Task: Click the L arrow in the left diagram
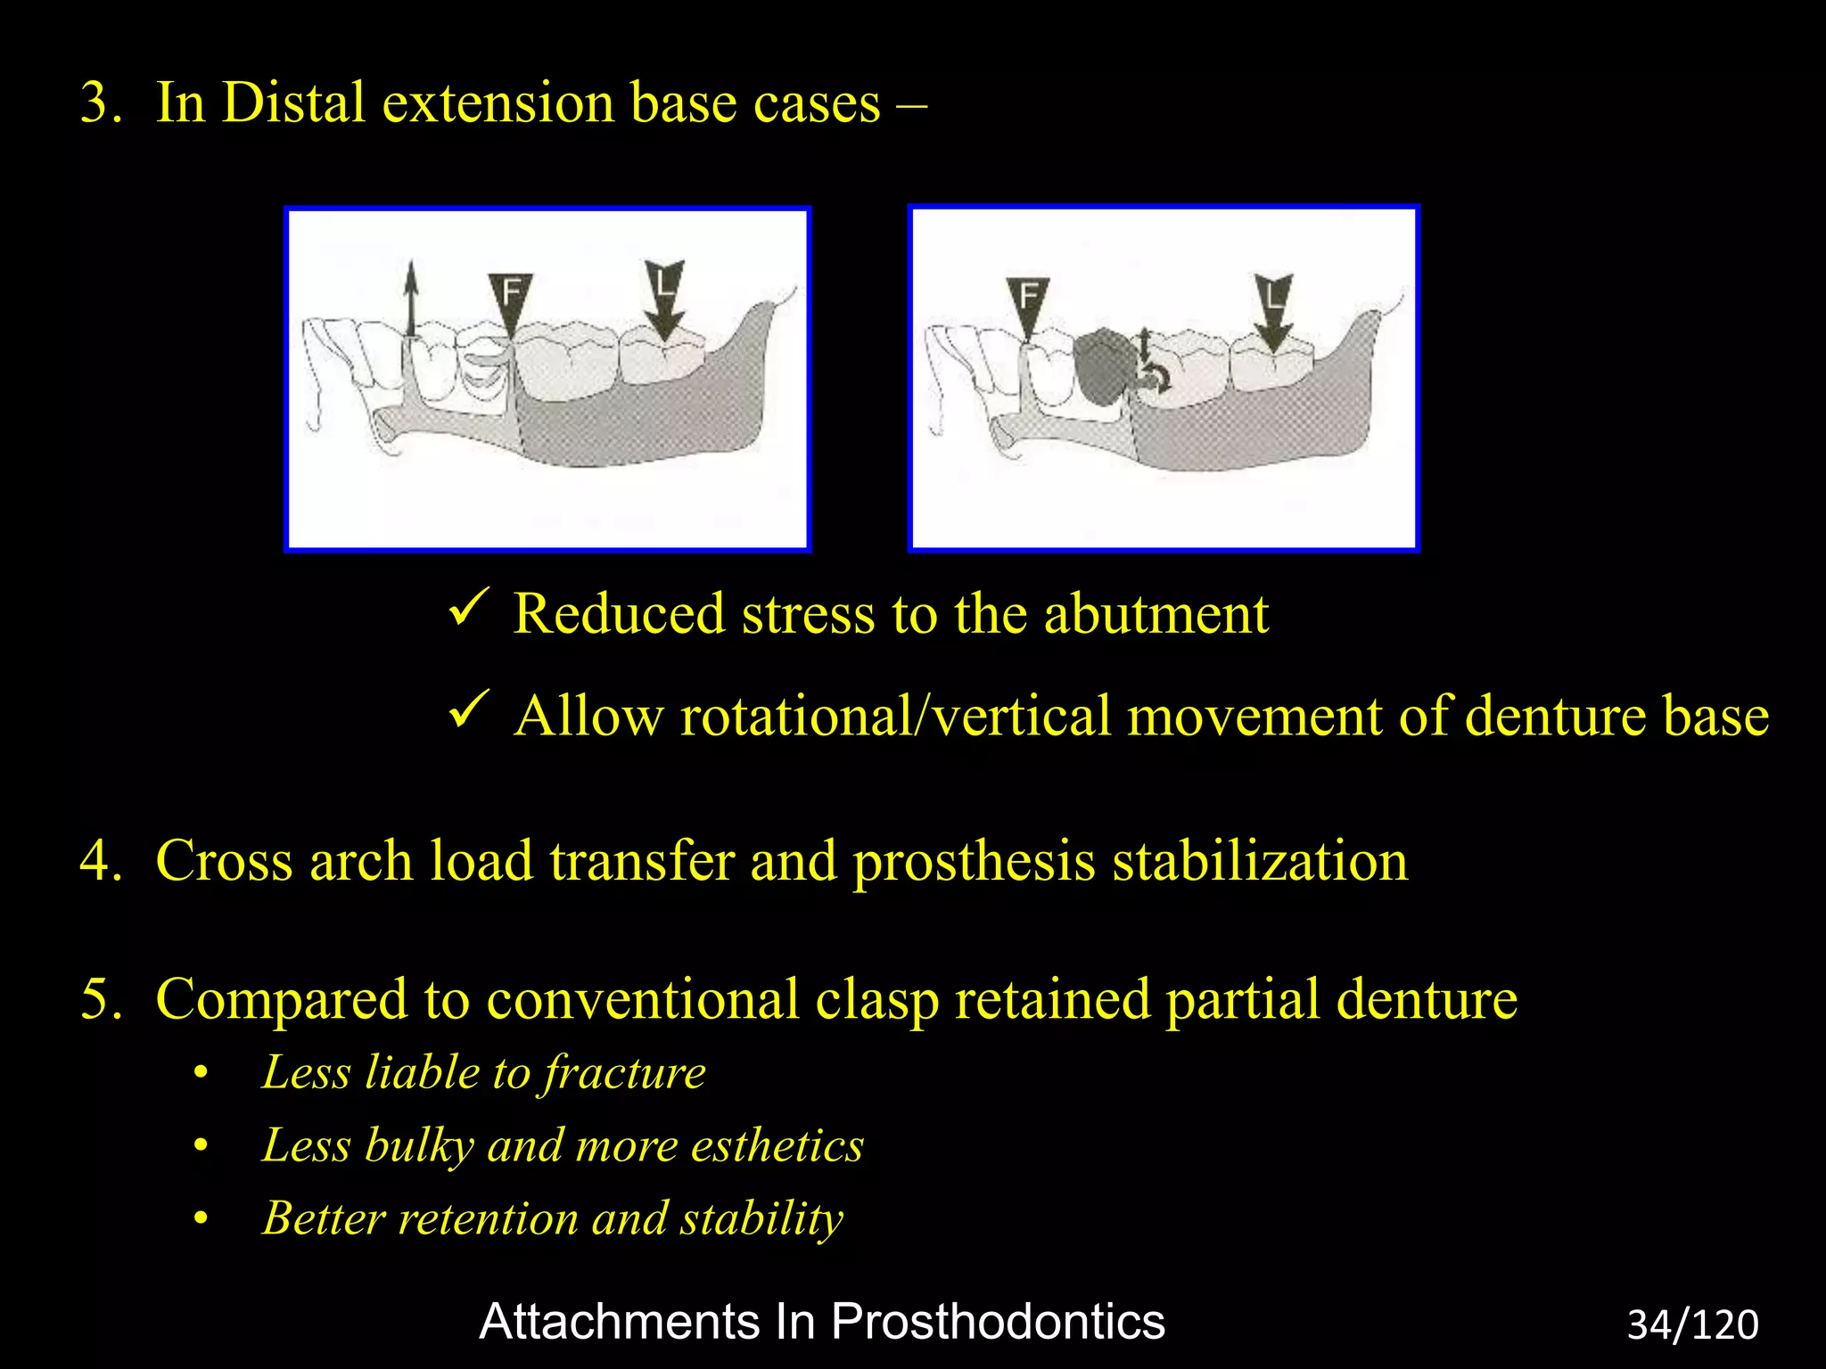click(664, 299)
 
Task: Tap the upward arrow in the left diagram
click(410, 298)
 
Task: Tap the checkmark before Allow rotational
click(467, 709)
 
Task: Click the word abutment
click(1156, 614)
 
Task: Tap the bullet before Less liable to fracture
click(202, 1073)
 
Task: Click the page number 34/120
click(1692, 1324)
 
